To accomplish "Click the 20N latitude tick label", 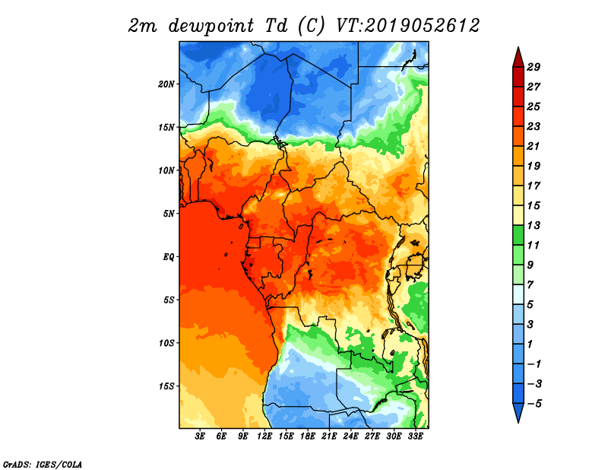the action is coord(166,84).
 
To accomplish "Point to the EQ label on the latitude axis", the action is coord(168,257).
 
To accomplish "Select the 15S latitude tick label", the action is coord(166,386).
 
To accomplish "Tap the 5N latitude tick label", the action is coord(169,214).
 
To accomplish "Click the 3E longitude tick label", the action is coord(200,437).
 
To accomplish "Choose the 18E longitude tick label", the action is coord(308,437).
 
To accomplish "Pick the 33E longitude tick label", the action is coord(415,437).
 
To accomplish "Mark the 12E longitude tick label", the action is coord(264,437).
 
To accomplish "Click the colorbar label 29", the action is coord(534,67).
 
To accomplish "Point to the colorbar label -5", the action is coord(534,404).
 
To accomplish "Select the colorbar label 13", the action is coord(534,225).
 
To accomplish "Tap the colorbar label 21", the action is coord(534,146).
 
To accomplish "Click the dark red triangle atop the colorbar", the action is coord(518,59).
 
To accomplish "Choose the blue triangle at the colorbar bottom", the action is coord(518,412).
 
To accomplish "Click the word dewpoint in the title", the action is coord(211,27).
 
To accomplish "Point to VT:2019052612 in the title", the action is coord(407,26).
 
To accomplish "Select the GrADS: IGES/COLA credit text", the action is coord(43,464).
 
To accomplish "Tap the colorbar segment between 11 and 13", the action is coord(518,235).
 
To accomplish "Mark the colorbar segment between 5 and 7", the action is coord(518,294).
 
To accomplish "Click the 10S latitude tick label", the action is coord(166,343).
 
